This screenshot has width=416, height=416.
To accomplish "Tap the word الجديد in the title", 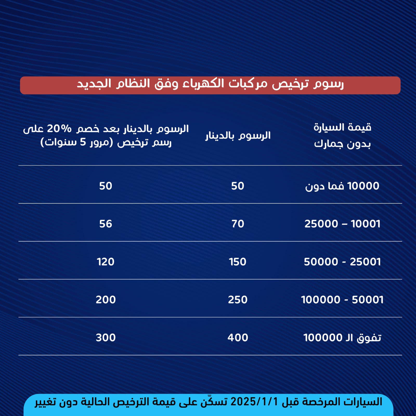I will (x=94, y=84).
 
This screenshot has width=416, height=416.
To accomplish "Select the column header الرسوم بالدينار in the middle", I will (x=238, y=136).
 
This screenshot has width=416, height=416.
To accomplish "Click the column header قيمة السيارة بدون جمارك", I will (x=342, y=136).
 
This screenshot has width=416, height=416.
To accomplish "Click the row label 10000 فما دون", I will (x=342, y=186).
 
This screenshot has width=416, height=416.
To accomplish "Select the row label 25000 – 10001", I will (x=342, y=224).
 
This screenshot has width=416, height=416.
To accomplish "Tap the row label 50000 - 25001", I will (x=342, y=262).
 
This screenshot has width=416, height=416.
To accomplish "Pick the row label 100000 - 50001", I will (x=342, y=300).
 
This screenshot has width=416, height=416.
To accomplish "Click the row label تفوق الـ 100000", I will (x=342, y=338).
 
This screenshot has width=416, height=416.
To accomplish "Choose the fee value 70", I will (x=238, y=224).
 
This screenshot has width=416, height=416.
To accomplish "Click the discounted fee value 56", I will (x=106, y=224).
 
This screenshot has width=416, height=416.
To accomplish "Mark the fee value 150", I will (x=238, y=262).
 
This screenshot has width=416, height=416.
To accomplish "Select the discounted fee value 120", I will (x=106, y=262).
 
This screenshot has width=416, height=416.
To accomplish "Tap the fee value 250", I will (x=238, y=300).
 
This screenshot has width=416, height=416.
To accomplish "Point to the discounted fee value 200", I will (x=106, y=300).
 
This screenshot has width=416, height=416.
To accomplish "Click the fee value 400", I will (x=238, y=338).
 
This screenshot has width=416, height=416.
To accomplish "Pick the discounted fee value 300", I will (x=106, y=338).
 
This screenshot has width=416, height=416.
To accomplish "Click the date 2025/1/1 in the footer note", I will (x=254, y=402).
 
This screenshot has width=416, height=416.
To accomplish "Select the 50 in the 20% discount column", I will (x=106, y=186).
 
